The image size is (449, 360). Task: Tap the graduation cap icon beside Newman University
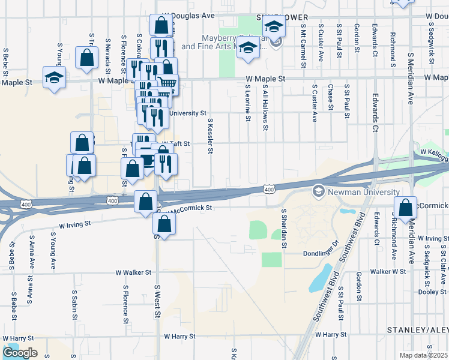point(319,191)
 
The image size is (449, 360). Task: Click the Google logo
point(20,353)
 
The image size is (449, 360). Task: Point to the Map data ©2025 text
point(424,355)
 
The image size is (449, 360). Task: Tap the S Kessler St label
point(210,136)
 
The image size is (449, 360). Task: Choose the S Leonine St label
point(247,102)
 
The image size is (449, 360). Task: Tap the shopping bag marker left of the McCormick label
point(405,206)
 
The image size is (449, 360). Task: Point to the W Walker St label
point(133,272)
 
